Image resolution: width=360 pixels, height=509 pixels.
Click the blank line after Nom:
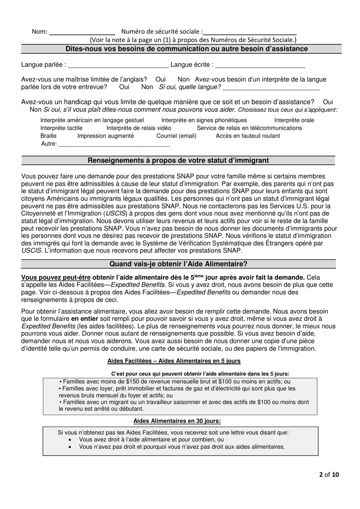pos(82,33)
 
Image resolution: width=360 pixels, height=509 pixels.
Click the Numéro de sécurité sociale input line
pos(250,33)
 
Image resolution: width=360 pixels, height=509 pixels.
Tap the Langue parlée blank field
pos(118,66)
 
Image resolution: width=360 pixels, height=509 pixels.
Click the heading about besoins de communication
pos(186,49)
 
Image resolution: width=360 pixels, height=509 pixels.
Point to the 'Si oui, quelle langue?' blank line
pos(271,88)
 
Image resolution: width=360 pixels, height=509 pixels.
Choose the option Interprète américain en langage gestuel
pos(92,120)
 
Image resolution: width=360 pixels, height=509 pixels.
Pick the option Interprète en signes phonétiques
pos(204,120)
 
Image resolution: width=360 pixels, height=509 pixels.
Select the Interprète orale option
pos(294,120)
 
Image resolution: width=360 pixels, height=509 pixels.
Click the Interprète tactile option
pos(61,128)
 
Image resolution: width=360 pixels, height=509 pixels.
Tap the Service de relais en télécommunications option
pos(249,128)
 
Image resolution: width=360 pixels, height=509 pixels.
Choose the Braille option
pos(49,136)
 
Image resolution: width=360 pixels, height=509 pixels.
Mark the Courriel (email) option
pos(176,136)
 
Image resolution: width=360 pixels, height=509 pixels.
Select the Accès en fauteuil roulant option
pos(248,136)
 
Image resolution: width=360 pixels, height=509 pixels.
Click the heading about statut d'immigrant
pos(178,161)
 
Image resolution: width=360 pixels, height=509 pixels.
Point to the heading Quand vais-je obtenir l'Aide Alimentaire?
pos(178,264)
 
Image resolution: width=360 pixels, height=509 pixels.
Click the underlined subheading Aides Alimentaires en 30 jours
pos(177,421)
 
